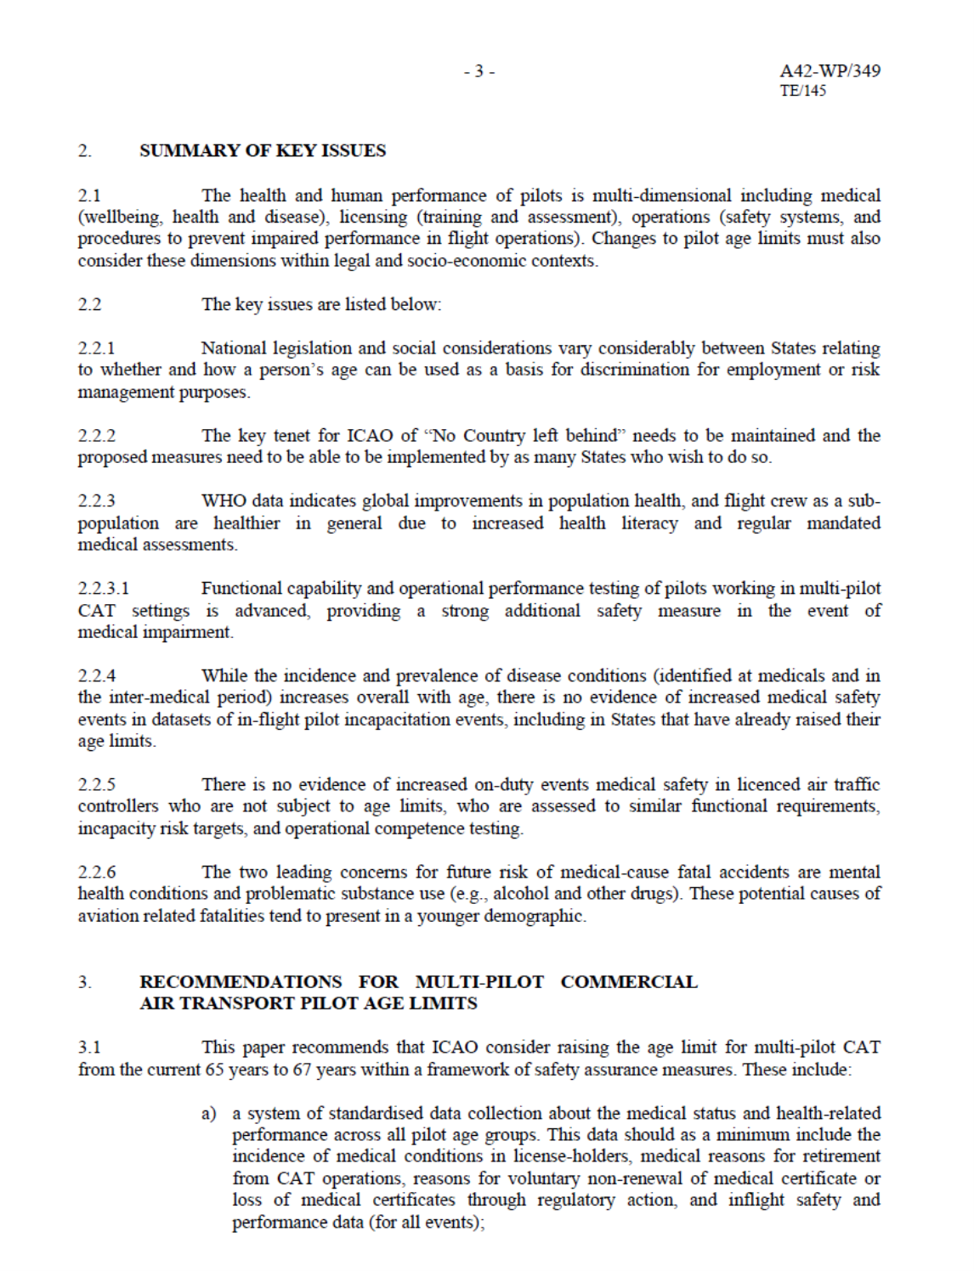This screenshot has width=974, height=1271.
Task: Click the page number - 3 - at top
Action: click(479, 71)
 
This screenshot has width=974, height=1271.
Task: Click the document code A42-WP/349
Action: click(830, 71)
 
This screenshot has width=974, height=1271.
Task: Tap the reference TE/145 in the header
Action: click(802, 90)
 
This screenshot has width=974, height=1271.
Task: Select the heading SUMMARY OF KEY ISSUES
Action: click(262, 150)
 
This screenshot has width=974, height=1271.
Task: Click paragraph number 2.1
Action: click(89, 195)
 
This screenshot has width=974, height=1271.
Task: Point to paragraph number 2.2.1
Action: click(96, 348)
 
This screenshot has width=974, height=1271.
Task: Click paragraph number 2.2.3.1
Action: click(104, 589)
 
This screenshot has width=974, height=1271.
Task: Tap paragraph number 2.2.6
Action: click(97, 873)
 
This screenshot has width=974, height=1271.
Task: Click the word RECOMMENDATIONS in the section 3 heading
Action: click(241, 982)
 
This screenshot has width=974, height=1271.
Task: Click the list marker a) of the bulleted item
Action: click(208, 1114)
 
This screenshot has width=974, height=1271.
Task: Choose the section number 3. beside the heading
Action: click(84, 982)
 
